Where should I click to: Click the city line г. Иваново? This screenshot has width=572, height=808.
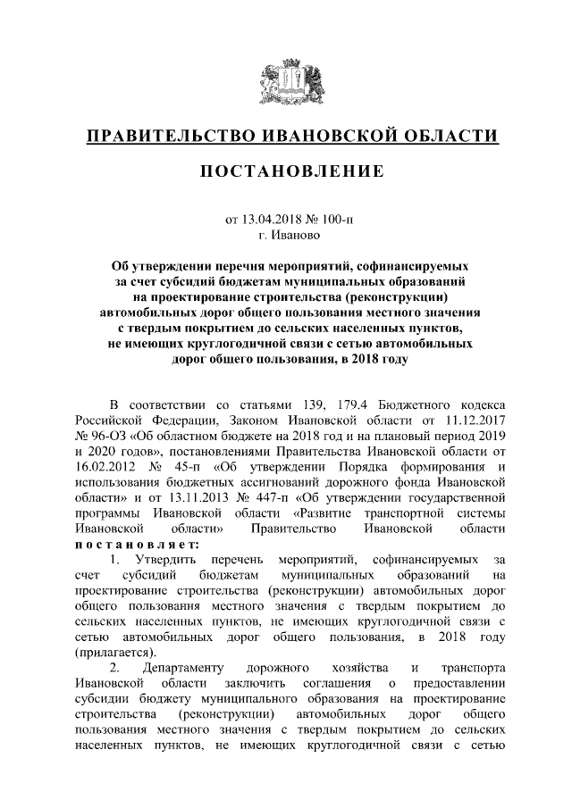tap(286, 234)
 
